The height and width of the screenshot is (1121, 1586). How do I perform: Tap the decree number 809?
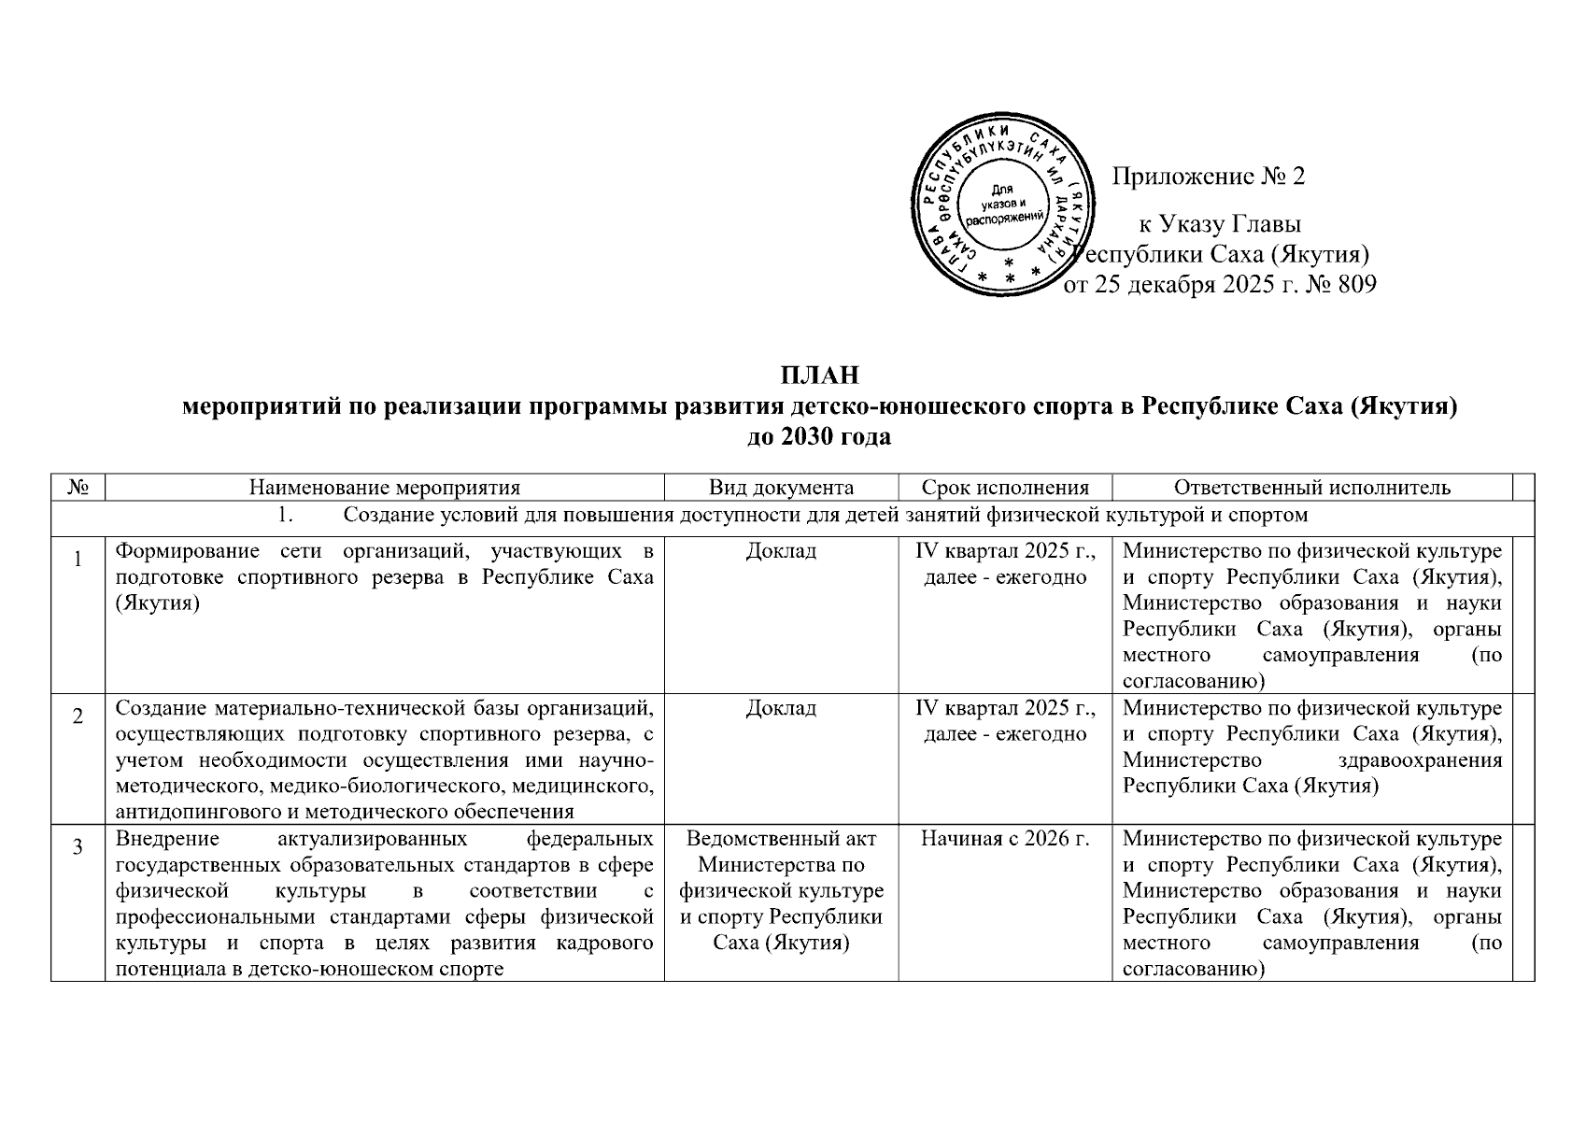tap(1357, 284)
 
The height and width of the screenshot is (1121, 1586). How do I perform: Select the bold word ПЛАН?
tap(819, 376)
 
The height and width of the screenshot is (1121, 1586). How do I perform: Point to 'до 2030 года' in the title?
tap(819, 436)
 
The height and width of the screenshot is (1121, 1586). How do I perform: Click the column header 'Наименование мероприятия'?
tap(384, 487)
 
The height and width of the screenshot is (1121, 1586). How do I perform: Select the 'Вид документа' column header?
tap(781, 487)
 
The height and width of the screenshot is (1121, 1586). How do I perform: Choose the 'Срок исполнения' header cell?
tap(1005, 487)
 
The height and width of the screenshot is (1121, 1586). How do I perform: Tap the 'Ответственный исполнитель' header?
tap(1311, 487)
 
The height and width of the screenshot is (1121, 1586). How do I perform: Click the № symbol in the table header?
tap(78, 487)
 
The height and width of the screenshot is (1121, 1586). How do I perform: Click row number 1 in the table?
tap(78, 560)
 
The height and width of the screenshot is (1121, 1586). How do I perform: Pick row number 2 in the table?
tap(78, 717)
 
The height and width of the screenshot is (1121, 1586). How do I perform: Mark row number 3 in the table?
tap(78, 847)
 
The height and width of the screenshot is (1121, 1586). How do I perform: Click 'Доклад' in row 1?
tap(781, 551)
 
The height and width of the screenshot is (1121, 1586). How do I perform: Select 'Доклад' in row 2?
tap(781, 708)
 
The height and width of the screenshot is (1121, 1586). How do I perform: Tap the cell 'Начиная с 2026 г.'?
tap(1005, 839)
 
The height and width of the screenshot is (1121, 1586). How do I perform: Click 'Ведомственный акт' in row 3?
tap(781, 839)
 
